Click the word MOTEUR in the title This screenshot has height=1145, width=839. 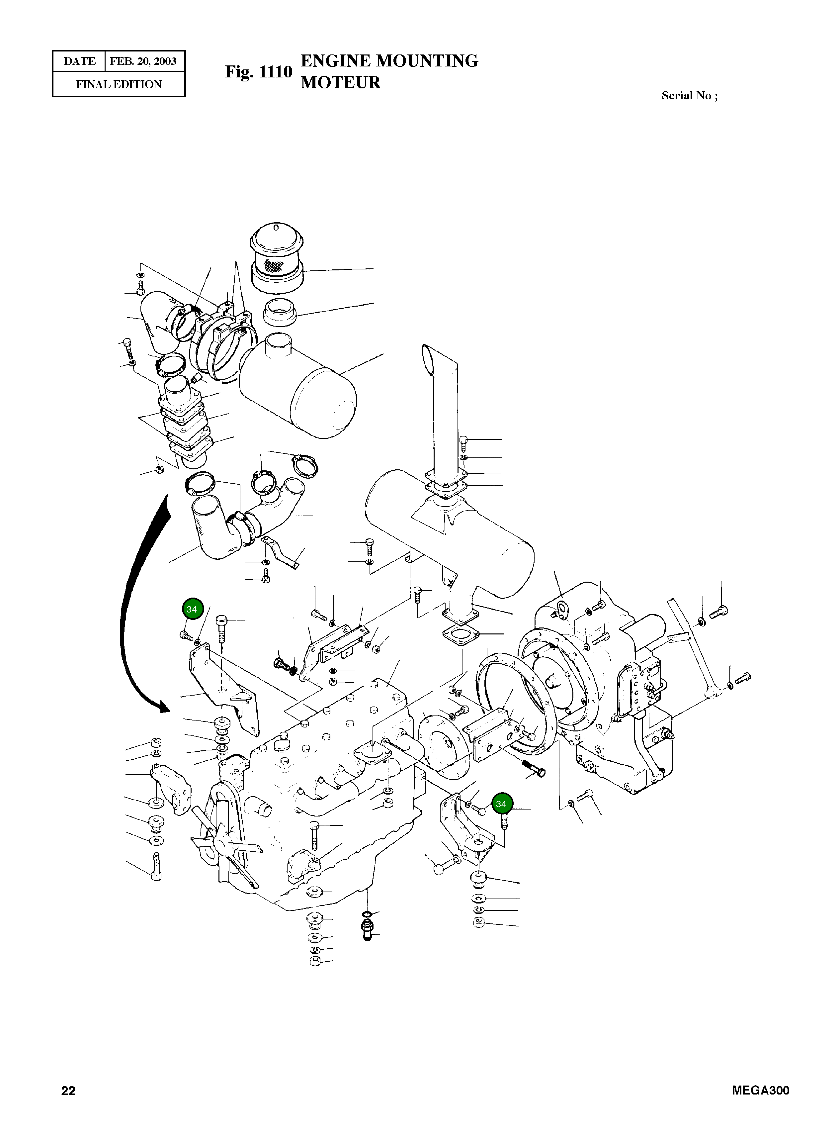[x=340, y=82]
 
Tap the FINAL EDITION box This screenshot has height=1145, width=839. [x=119, y=84]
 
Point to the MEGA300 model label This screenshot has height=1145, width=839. [x=760, y=1090]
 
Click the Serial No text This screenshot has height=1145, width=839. [x=689, y=96]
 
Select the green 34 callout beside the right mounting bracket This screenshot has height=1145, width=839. [x=501, y=804]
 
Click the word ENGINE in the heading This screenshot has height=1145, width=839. [x=336, y=61]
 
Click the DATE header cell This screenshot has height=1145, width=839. [x=79, y=61]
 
